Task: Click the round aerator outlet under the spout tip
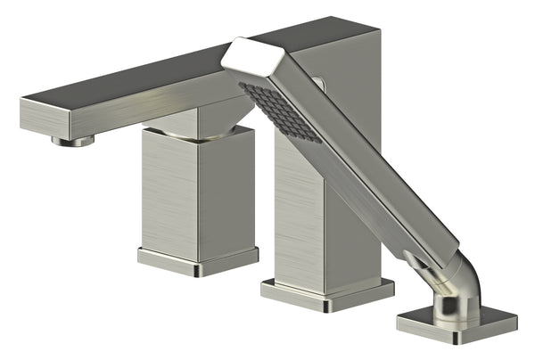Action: click(x=73, y=140)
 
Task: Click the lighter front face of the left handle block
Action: click(x=169, y=191)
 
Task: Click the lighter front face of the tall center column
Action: click(x=299, y=214)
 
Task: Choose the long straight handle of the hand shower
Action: click(x=374, y=178)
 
